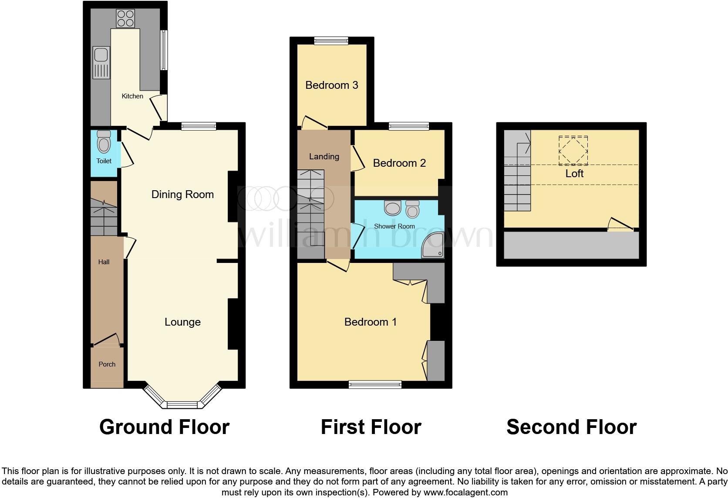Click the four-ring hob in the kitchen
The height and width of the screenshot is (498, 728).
point(125,18)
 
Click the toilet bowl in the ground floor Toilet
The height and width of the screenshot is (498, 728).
point(104,144)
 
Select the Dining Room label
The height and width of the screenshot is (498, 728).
point(182,195)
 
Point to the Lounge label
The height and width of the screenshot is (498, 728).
point(182,322)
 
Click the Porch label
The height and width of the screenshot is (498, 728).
point(107,364)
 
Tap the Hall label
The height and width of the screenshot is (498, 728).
point(104,262)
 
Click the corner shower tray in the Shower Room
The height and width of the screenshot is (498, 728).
point(433,246)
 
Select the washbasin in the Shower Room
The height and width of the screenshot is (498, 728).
point(393,208)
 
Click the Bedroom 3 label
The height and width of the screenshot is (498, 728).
point(331,85)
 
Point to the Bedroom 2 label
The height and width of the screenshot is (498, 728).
point(399,163)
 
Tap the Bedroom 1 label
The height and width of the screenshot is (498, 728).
point(370,322)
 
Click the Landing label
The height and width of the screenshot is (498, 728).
point(324,157)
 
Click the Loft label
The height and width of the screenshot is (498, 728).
point(574,174)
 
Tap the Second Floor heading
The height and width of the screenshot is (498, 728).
point(571,427)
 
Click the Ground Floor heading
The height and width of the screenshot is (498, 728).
point(164,427)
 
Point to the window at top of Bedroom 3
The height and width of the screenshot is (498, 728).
point(331,41)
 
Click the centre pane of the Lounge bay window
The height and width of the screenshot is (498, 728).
point(182,405)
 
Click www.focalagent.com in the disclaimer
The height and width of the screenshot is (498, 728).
point(465,492)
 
